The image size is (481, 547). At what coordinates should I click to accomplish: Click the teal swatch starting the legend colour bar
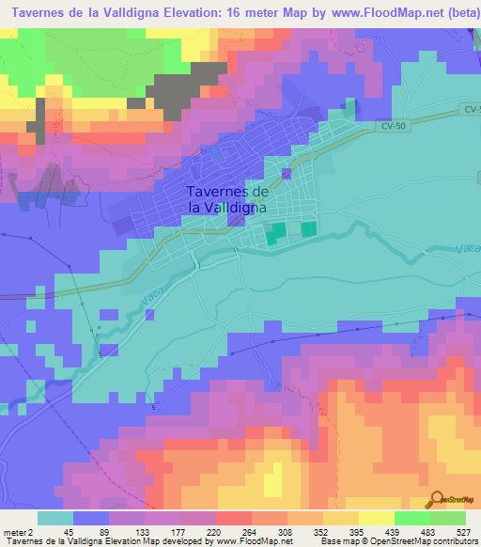pos(54,517)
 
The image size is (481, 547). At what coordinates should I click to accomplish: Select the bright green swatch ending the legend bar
pos(448,517)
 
